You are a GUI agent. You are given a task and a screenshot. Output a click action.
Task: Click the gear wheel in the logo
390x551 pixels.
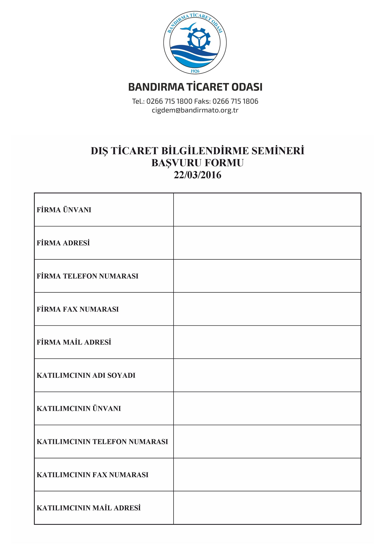(x=199, y=39)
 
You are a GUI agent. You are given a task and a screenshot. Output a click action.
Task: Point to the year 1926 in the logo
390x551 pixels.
(x=195, y=71)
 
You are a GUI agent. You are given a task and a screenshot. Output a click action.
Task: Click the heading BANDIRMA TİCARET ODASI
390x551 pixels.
(x=195, y=87)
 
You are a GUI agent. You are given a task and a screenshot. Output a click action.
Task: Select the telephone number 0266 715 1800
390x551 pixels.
(x=169, y=101)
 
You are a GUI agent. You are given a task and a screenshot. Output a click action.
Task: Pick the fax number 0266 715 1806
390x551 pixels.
(x=235, y=101)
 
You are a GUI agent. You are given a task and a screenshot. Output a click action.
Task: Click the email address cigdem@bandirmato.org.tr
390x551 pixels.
(x=195, y=110)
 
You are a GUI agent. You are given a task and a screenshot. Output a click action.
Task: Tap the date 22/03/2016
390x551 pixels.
(x=197, y=175)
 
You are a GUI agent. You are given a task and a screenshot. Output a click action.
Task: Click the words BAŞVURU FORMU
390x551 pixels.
(x=197, y=163)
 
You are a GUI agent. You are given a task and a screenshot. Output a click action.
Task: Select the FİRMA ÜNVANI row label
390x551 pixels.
(x=64, y=210)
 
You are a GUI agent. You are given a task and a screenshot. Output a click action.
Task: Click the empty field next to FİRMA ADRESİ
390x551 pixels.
(x=267, y=243)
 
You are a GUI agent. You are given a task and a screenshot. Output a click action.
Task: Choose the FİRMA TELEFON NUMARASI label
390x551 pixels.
(x=87, y=276)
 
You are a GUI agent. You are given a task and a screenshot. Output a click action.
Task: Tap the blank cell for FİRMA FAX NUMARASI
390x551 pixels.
(x=267, y=309)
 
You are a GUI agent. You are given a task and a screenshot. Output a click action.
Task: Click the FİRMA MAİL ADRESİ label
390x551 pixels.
(x=74, y=342)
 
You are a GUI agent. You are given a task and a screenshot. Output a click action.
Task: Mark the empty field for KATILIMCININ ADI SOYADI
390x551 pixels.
(x=267, y=375)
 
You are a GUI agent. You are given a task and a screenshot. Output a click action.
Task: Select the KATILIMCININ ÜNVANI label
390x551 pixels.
(x=79, y=408)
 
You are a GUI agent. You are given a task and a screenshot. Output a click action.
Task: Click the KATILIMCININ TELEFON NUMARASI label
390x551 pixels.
(x=102, y=442)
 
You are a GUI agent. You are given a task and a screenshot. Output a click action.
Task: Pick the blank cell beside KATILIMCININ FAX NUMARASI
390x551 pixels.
(x=267, y=475)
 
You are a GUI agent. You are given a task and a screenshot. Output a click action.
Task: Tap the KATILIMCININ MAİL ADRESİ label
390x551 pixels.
(x=89, y=508)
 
